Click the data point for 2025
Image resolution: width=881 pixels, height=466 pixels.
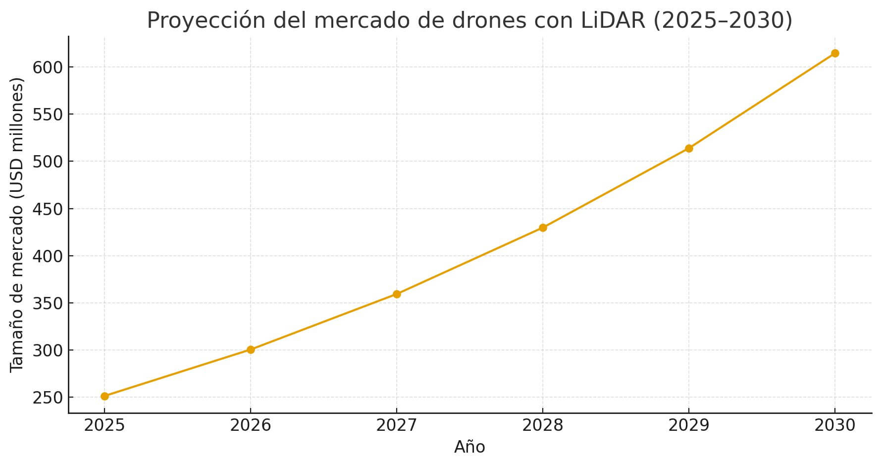pos(104,396)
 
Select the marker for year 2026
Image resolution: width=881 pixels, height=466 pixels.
pos(251,349)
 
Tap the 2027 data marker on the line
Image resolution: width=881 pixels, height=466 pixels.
pos(397,294)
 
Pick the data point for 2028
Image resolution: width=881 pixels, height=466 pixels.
pos(543,228)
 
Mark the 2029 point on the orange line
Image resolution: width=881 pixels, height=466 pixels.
pos(689,148)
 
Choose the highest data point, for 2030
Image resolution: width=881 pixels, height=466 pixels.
pos(835,53)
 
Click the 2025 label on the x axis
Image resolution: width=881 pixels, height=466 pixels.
pos(104,425)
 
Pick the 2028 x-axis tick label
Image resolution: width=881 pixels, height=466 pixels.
pos(543,425)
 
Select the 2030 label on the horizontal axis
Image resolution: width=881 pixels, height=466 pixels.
pos(835,425)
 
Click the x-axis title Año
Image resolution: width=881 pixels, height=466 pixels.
pos(469,447)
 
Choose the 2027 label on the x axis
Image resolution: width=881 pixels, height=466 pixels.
pos(397,425)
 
